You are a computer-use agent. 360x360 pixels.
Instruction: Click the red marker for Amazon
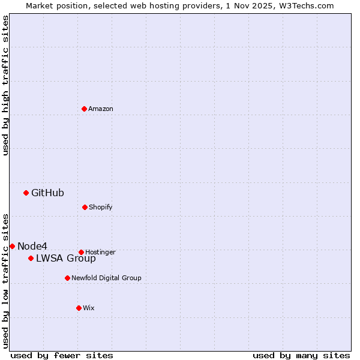[x=85, y=109]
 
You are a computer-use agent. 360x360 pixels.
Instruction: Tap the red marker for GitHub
[x=26, y=193]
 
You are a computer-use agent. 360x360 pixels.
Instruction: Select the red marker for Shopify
[x=85, y=207]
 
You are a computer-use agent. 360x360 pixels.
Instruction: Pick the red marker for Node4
[x=12, y=246]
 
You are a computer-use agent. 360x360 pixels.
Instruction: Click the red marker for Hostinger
[x=81, y=252]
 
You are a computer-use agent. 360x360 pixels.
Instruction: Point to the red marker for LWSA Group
[x=31, y=258]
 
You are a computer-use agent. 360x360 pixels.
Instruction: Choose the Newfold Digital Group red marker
[x=67, y=278]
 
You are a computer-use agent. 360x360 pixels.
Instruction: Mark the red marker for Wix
[x=79, y=308]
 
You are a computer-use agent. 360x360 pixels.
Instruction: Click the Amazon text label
[x=101, y=109]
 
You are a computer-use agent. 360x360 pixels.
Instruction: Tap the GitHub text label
[x=47, y=193]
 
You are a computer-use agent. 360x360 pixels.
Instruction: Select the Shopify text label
[x=101, y=207]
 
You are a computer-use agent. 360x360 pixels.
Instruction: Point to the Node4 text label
[x=32, y=246]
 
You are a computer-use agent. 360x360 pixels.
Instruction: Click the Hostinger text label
[x=100, y=252]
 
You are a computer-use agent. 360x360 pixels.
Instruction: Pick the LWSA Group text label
[x=66, y=259]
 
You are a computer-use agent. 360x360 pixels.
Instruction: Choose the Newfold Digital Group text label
[x=106, y=278]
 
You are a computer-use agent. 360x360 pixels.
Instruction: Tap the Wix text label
[x=89, y=308]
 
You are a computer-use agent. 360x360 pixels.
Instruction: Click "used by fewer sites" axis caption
[x=62, y=355]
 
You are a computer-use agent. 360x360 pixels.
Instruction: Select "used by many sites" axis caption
[x=301, y=355]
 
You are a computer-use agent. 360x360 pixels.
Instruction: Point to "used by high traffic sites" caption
[x=5, y=85]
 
